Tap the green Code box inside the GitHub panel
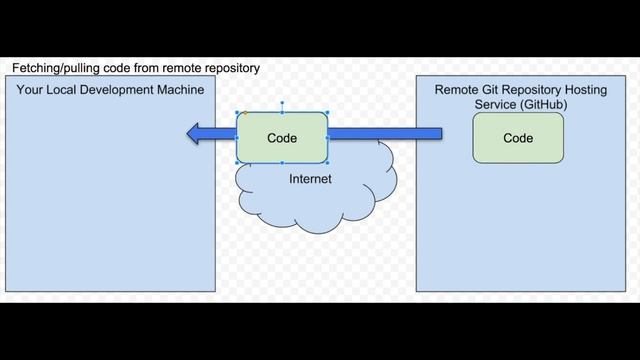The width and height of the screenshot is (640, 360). point(518,138)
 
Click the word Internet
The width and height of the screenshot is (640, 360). point(310,179)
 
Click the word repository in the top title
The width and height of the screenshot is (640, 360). point(230,68)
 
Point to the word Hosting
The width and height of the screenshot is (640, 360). point(583,90)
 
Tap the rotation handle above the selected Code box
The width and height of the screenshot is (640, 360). point(282,102)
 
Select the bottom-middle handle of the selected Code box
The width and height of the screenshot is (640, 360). point(282,163)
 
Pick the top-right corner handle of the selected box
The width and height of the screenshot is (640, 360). point(328,112)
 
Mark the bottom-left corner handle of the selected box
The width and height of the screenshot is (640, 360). point(237,163)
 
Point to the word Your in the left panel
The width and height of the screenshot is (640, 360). point(31,90)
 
